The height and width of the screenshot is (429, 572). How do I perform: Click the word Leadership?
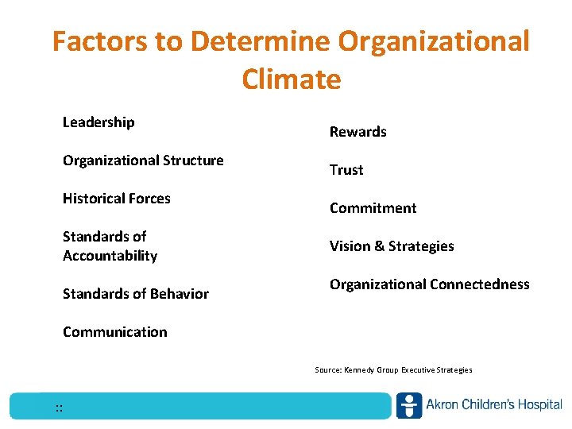(99, 122)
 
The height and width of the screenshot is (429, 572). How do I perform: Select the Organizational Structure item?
(143, 160)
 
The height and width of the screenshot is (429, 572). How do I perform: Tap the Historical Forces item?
(117, 199)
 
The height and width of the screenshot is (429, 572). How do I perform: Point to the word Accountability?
(110, 256)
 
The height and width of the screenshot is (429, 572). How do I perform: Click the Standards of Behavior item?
(136, 294)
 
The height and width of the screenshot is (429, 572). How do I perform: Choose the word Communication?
(115, 332)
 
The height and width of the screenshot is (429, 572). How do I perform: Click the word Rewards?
(358, 132)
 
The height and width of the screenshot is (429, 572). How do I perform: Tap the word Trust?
(346, 170)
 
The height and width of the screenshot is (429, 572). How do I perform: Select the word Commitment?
(373, 208)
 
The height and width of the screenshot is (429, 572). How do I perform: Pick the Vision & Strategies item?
(392, 246)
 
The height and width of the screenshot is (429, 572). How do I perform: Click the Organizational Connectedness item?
(430, 284)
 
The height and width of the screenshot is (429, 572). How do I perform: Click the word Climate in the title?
(292, 79)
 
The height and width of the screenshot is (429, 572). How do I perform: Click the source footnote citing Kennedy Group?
(393, 370)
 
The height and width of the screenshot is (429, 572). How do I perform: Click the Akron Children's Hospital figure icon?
(409, 405)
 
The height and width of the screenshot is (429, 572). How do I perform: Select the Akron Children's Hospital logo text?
(493, 405)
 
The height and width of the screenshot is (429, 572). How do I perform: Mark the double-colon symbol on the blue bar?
(60, 408)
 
